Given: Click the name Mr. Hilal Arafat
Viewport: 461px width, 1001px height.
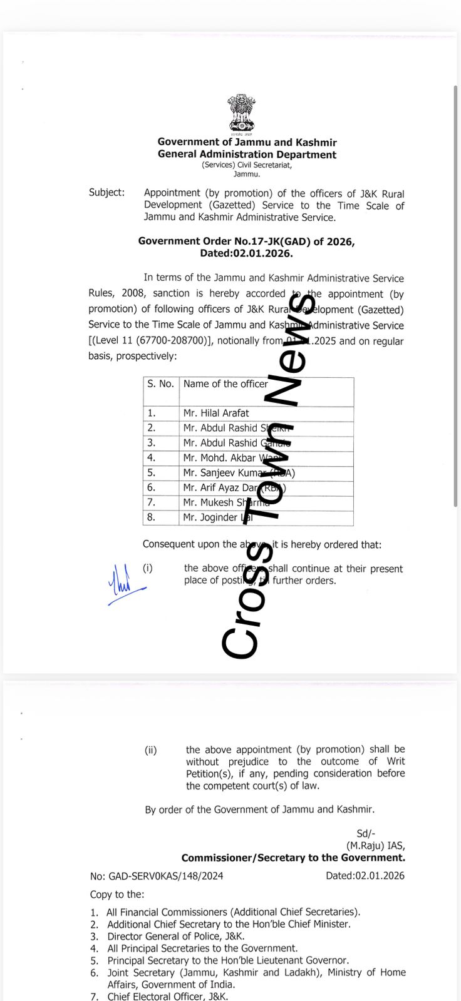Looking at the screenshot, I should tap(215, 413).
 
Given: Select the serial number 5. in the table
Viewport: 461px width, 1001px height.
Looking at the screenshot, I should tap(151, 473).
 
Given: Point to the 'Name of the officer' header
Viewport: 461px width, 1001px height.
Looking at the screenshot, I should tap(225, 384).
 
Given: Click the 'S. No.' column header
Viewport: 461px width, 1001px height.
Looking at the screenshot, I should tap(160, 384).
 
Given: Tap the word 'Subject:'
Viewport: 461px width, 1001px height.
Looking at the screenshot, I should tap(106, 193).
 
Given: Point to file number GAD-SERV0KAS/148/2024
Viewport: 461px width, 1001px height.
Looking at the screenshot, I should tap(157, 876).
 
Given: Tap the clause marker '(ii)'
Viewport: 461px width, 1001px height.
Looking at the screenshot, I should tap(151, 749).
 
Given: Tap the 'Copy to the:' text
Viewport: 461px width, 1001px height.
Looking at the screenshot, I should tap(117, 895).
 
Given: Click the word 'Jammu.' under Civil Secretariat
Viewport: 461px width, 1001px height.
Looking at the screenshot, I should tap(247, 175).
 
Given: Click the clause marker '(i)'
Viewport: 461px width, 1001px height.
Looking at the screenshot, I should tap(148, 568).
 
